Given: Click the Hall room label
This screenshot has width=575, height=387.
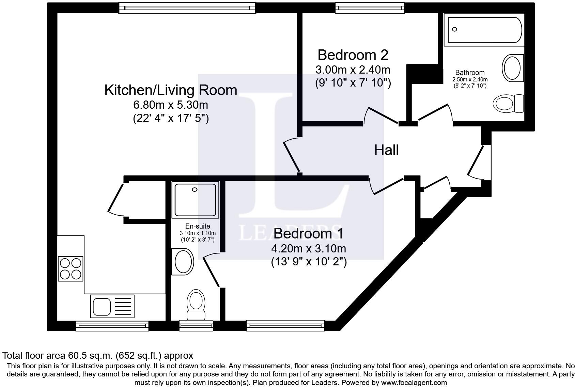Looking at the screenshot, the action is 386,150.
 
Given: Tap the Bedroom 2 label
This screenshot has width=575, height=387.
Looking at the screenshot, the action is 353,55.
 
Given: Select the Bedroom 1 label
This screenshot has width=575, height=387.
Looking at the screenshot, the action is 308,233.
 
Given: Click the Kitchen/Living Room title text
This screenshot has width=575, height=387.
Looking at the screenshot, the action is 171,90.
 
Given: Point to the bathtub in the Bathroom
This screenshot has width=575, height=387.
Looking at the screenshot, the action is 484,30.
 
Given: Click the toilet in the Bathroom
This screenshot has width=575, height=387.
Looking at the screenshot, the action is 508,104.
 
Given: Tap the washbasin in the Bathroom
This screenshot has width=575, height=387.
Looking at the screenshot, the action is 513,68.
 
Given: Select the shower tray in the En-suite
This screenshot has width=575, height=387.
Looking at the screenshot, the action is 195,200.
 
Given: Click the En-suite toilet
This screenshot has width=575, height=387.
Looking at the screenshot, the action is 196,305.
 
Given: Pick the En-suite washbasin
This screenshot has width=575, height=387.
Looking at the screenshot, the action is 183,261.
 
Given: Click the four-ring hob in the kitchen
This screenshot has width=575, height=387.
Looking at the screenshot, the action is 71,269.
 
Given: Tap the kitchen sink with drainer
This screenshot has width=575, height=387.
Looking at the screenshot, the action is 112,306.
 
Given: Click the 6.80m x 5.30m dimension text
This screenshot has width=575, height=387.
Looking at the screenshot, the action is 170,105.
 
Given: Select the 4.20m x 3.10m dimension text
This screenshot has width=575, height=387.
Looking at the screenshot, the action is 309,249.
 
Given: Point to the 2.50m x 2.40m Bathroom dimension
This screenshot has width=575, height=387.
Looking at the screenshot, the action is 470,80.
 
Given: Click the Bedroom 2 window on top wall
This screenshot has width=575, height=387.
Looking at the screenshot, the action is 370,8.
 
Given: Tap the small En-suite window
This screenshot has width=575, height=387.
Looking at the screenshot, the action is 196,326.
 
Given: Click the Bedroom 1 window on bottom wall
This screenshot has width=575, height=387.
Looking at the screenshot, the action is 285,326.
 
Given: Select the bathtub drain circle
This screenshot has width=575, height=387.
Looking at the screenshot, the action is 454,29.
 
